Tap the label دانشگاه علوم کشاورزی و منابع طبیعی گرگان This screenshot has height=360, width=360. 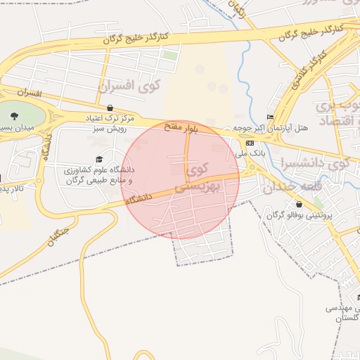pyautogui.click(x=98, y=175)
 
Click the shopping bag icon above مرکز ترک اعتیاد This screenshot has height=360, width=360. pyautogui.click(x=110, y=108)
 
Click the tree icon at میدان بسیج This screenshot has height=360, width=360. pyautogui.click(x=15, y=115)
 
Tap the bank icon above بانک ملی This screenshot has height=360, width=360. pyautogui.click(x=250, y=143)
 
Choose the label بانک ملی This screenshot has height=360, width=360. pyautogui.click(x=252, y=153)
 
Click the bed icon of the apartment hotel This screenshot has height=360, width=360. pyautogui.click(x=270, y=117)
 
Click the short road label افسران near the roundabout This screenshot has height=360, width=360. pyautogui.click(x=30, y=93)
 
